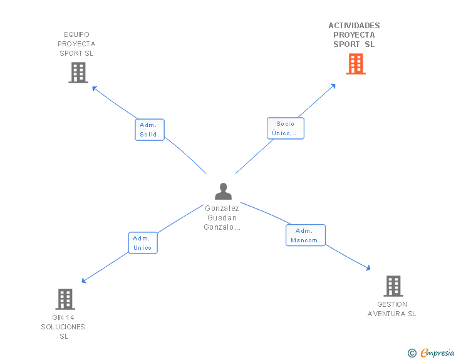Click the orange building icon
coord(355,64)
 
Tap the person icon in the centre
coord(222,191)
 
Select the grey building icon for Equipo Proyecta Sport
coord(78,73)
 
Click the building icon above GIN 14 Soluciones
coord(65,299)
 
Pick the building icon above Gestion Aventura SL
coord(393,286)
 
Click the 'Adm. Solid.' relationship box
coord(150,130)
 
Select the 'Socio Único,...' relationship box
coord(285,128)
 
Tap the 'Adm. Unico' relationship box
coord(143,243)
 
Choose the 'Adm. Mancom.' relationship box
coord(306,235)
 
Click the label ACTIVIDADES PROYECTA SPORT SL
coord(354,35)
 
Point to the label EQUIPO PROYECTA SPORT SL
coord(76,44)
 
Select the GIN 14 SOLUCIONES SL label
coord(63,327)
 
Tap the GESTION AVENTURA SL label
coord(391,309)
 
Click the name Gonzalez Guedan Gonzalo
coord(222,218)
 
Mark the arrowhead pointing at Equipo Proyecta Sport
coord(95,88)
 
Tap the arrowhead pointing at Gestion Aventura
coord(368,268)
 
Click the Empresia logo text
coord(437,353)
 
